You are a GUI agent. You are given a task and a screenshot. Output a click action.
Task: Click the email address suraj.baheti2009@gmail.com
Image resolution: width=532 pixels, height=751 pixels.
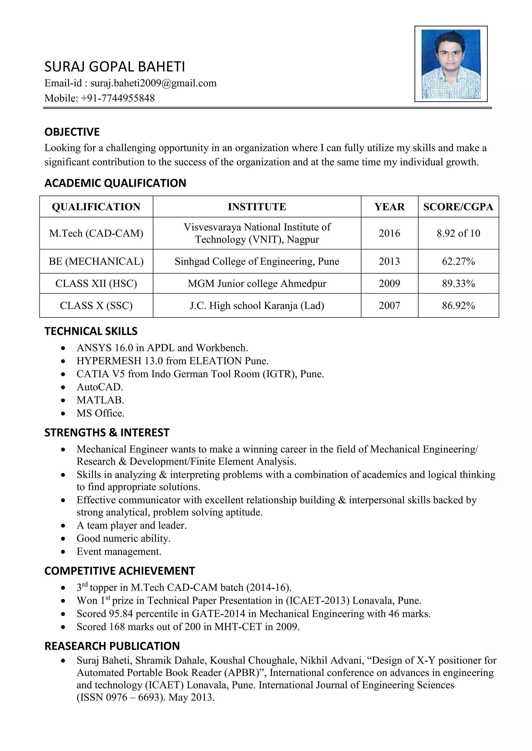pyautogui.click(x=153, y=83)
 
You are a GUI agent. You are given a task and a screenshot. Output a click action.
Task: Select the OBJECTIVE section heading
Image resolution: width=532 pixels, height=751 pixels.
pyautogui.click(x=72, y=132)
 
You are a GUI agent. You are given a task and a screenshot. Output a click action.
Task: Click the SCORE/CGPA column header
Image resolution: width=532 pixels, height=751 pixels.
pyautogui.click(x=458, y=207)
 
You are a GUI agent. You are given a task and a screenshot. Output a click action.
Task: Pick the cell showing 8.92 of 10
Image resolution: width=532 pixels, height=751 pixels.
pyautogui.click(x=458, y=233)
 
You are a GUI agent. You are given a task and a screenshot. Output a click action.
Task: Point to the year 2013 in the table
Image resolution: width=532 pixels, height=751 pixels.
pyautogui.click(x=389, y=261)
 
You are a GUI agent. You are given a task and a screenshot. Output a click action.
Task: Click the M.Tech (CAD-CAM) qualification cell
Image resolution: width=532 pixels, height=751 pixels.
pyautogui.click(x=96, y=233)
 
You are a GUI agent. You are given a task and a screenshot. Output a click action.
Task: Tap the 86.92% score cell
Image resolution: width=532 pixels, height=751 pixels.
pyautogui.click(x=458, y=305)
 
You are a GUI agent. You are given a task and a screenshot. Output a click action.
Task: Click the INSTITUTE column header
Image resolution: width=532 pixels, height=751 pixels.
pyautogui.click(x=257, y=207)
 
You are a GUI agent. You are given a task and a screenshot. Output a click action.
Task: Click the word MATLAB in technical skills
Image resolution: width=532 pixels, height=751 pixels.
pyautogui.click(x=100, y=400)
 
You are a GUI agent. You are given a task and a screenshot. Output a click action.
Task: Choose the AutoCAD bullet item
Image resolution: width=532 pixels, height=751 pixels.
pyautogui.click(x=99, y=387)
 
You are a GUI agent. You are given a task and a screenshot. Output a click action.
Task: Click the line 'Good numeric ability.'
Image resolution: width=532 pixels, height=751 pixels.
pyautogui.click(x=123, y=538)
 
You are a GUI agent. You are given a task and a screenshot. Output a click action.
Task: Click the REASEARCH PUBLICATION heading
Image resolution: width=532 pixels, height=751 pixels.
pyautogui.click(x=112, y=646)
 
